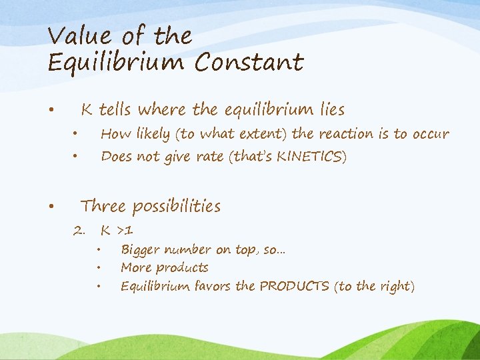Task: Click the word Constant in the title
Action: pos(249,63)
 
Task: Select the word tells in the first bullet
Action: pos(115,109)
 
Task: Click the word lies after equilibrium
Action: pos(330,109)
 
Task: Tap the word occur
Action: pos(430,134)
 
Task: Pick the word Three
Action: pos(103,206)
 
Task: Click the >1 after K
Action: pos(125,231)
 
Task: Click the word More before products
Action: pos(135,268)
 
